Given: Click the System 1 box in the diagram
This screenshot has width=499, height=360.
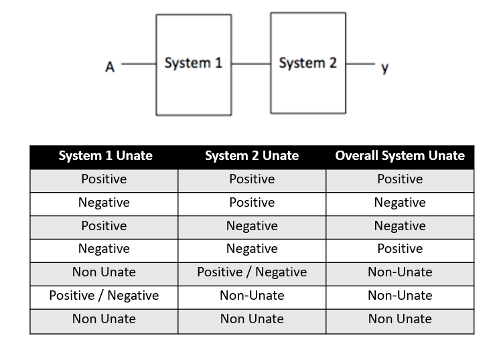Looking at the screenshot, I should (194, 64).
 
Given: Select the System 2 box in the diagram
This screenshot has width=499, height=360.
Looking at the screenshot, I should (308, 63).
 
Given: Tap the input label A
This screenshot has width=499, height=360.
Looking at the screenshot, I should (110, 67).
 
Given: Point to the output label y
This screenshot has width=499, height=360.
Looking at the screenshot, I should (384, 67).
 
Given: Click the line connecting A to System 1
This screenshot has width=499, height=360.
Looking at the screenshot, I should (139, 65).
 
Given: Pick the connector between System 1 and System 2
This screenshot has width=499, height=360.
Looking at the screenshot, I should (251, 64).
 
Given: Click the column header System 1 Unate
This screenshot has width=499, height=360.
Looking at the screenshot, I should (105, 156).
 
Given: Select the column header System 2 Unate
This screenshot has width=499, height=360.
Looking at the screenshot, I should (252, 156).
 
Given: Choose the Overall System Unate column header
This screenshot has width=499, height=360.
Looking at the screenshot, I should (400, 156).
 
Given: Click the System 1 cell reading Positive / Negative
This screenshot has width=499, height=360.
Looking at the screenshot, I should (104, 296).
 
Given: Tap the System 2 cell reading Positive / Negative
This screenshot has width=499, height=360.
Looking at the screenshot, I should (252, 272).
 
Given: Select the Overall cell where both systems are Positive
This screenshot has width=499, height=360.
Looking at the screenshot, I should (400, 179).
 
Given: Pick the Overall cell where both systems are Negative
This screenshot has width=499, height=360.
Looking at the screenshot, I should (400, 249).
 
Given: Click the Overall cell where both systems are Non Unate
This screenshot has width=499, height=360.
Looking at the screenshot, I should (400, 319).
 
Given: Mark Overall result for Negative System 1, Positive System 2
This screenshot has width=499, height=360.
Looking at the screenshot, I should (400, 203).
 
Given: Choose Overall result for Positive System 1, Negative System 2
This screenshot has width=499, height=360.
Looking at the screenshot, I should (400, 226).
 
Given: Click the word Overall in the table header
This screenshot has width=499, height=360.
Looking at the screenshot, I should (358, 156).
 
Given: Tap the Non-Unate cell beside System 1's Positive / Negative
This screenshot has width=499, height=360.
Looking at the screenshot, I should (252, 296).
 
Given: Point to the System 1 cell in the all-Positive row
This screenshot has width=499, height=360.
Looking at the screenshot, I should (104, 179).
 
